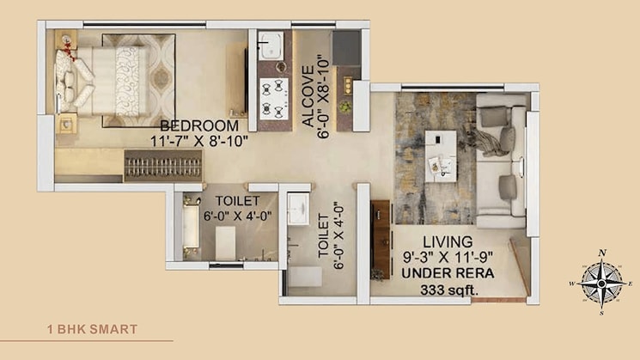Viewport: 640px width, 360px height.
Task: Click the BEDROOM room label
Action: (x=198, y=125)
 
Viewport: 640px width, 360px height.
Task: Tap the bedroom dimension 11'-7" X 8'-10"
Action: (x=198, y=140)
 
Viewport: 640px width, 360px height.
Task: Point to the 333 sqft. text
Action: (x=449, y=290)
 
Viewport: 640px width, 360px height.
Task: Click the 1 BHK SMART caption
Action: (x=92, y=329)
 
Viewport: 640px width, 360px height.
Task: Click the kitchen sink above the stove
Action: (x=273, y=44)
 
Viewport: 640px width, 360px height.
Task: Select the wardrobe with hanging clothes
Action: (x=163, y=166)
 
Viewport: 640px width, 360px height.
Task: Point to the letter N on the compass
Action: (x=603, y=252)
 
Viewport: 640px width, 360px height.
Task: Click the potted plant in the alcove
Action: (x=345, y=107)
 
